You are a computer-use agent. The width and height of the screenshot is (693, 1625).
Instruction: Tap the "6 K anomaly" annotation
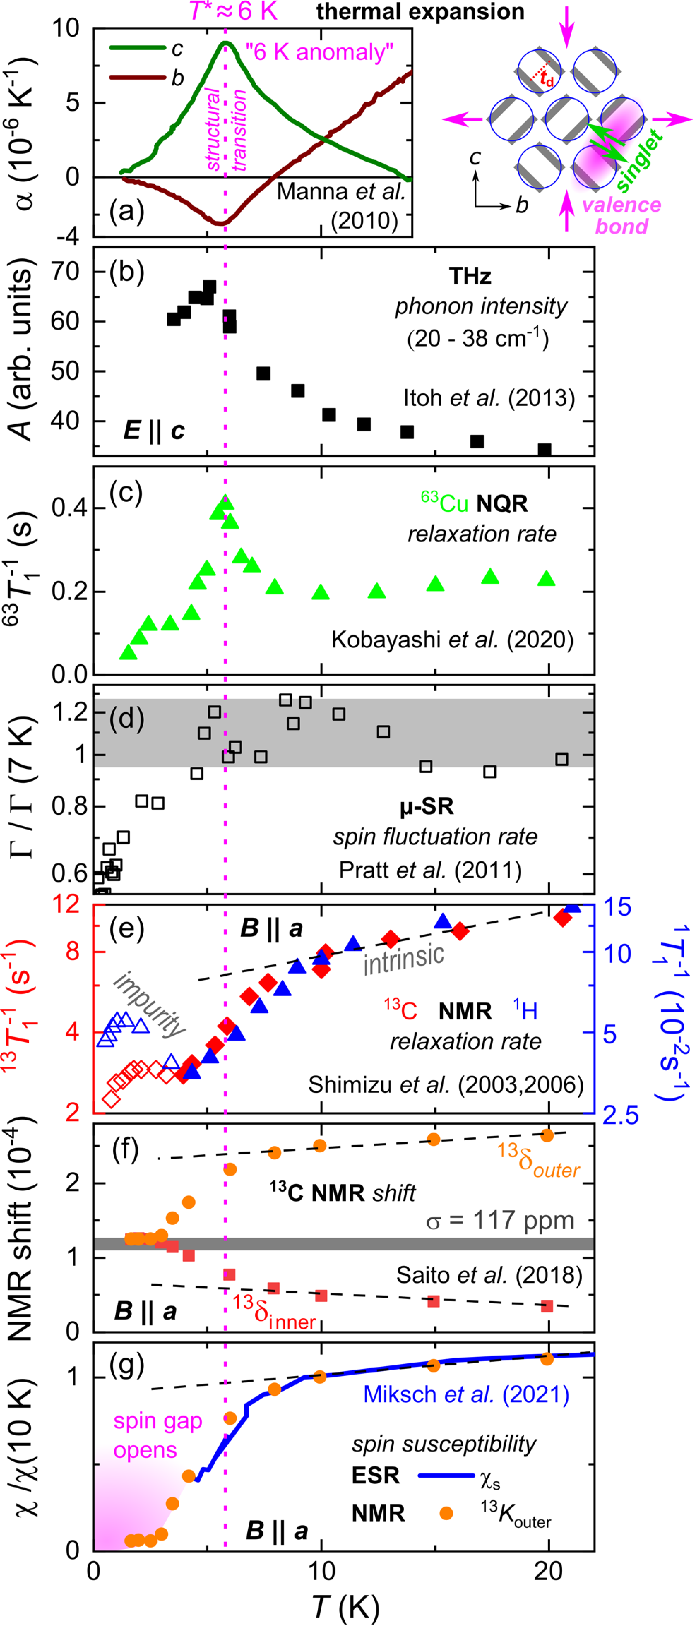pyautogui.click(x=319, y=52)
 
